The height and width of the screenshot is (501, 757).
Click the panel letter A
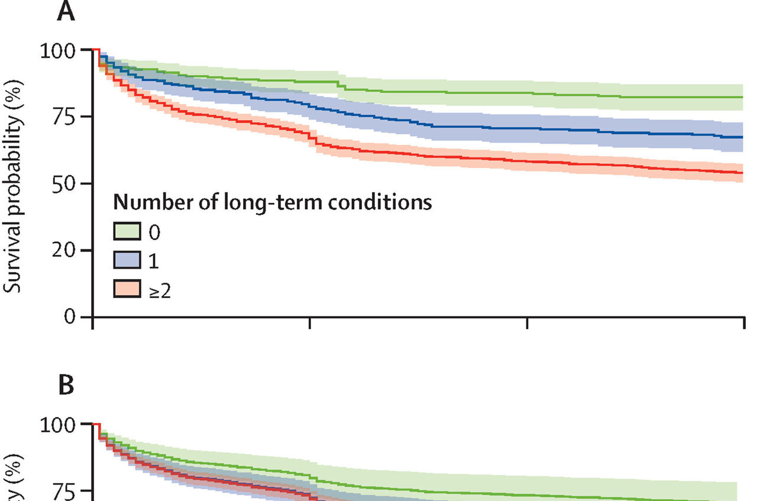click(66, 12)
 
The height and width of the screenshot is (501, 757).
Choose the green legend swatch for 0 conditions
click(127, 232)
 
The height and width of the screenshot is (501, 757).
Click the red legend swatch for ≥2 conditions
click(127, 289)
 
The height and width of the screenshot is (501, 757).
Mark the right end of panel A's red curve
click(742, 173)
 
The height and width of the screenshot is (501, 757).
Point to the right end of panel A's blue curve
click(742, 137)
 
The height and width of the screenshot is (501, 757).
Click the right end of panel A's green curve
click(742, 97)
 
